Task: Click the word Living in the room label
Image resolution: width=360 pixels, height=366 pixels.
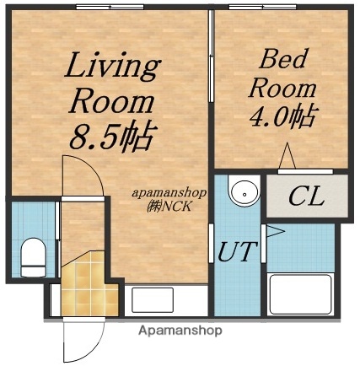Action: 114,65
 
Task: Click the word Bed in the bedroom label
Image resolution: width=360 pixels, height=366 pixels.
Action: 281,59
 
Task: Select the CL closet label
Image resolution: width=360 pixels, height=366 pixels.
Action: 305,198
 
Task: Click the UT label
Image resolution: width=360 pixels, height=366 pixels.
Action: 238,251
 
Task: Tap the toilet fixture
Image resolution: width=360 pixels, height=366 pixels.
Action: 32,256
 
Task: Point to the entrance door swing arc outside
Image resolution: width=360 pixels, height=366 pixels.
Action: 80,342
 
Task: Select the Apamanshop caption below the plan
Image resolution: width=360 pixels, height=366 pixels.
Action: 181,331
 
